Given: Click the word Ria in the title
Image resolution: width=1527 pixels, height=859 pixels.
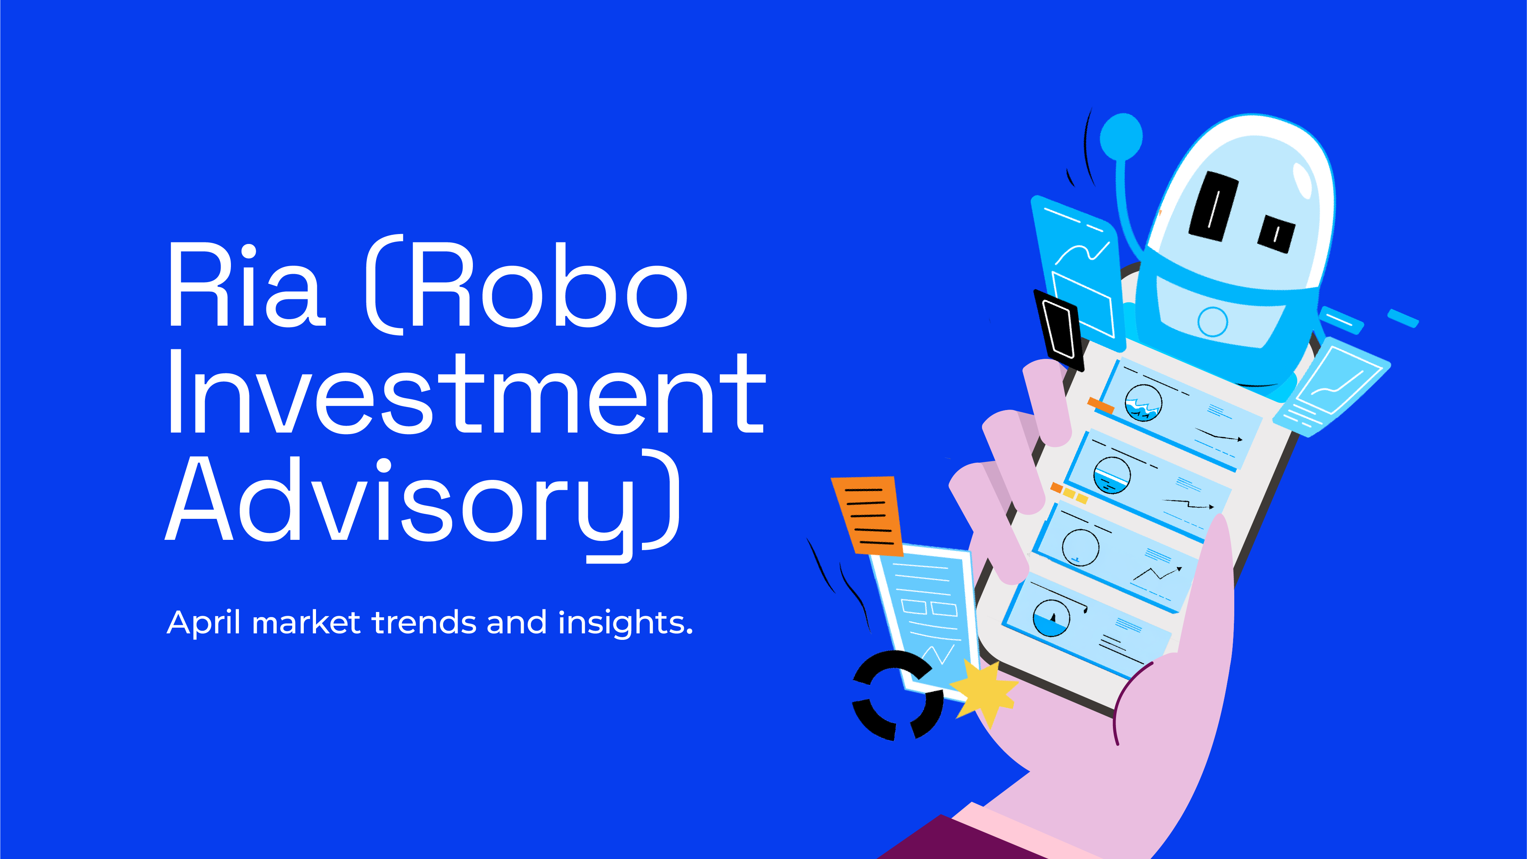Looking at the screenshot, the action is point(247,284).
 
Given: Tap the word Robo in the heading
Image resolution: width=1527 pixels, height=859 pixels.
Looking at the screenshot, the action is point(549,284).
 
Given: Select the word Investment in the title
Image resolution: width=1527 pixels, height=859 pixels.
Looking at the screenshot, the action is point(466,391).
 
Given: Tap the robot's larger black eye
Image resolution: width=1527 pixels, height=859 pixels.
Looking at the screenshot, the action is point(1213,206).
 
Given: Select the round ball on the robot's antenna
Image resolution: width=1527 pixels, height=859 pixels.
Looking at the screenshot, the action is point(1121,136).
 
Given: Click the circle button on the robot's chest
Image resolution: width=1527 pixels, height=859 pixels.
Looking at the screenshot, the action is point(1212,322).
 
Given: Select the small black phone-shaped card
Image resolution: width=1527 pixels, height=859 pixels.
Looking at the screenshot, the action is point(1059,330).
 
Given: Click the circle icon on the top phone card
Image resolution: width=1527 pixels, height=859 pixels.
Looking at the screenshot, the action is point(1143,402).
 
